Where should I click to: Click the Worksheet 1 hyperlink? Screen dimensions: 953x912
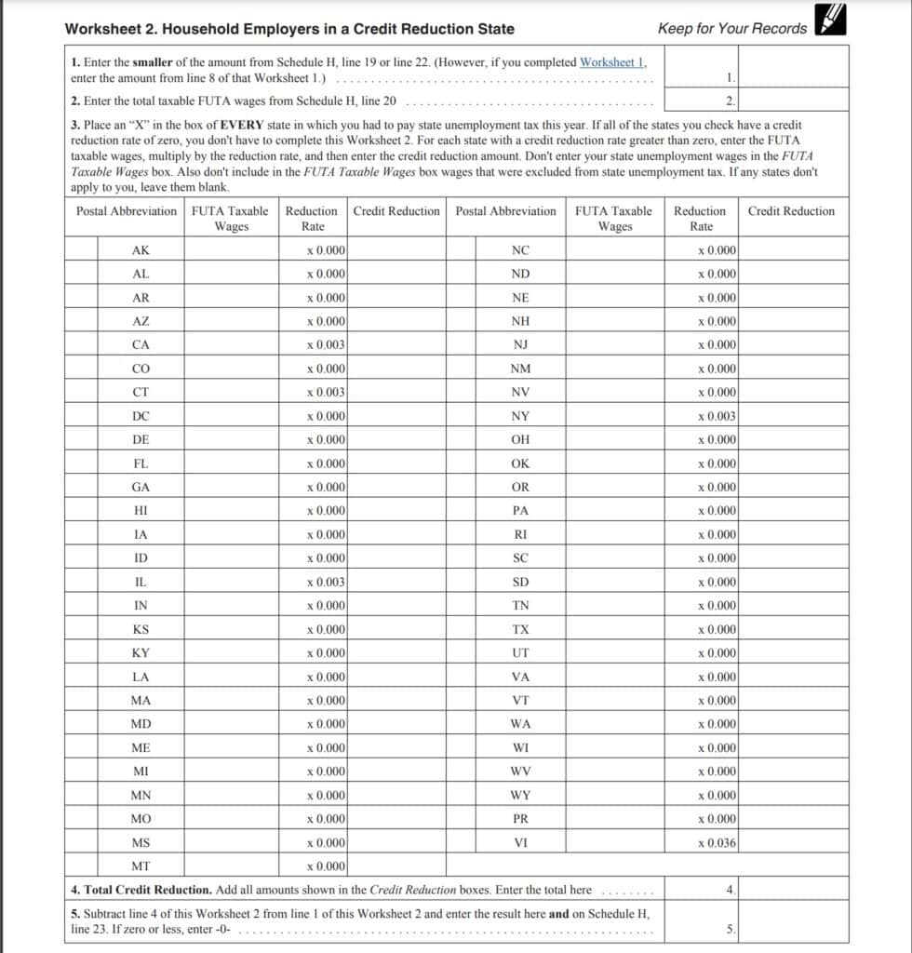coord(612,62)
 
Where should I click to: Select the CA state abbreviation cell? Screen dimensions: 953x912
coord(141,345)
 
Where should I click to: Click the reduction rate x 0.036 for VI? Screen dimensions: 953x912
coord(717,843)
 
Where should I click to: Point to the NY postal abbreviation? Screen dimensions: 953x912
coord(520,416)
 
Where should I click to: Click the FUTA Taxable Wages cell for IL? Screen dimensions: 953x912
coord(231,583)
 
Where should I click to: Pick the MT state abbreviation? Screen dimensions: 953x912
coord(141,866)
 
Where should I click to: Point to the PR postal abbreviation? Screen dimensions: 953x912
coord(520,819)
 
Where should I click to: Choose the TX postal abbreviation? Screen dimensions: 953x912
coord(520,630)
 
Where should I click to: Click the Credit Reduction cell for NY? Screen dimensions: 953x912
coord(793,416)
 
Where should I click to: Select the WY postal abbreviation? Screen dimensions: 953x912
coord(520,796)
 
